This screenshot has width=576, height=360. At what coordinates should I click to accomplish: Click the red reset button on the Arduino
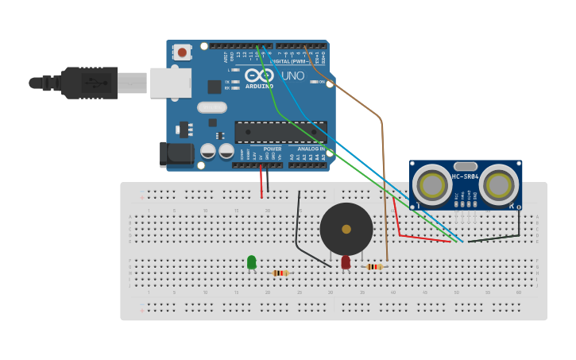(x=182, y=52)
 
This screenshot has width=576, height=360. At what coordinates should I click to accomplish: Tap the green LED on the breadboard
(x=252, y=261)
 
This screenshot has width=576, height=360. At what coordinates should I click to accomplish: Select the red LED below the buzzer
(x=346, y=261)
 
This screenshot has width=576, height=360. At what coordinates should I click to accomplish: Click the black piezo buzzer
(x=346, y=229)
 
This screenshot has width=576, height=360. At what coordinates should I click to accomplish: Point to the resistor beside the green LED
(x=280, y=273)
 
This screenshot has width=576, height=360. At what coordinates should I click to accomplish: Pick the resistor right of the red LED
(x=374, y=267)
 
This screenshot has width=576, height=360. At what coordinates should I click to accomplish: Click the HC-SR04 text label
(x=465, y=176)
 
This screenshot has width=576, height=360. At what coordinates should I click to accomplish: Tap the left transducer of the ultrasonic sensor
(x=432, y=185)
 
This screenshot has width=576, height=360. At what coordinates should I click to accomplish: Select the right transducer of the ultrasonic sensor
(x=499, y=185)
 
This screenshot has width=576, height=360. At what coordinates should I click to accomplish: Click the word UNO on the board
(x=292, y=76)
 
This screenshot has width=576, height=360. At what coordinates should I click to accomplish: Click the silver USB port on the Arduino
(x=171, y=83)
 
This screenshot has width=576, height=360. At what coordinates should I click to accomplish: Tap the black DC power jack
(x=176, y=154)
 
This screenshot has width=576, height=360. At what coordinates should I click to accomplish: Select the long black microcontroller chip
(x=280, y=132)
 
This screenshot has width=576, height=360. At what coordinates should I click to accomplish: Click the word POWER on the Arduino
(x=273, y=149)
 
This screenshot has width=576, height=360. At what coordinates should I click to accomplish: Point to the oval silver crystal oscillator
(x=212, y=107)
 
